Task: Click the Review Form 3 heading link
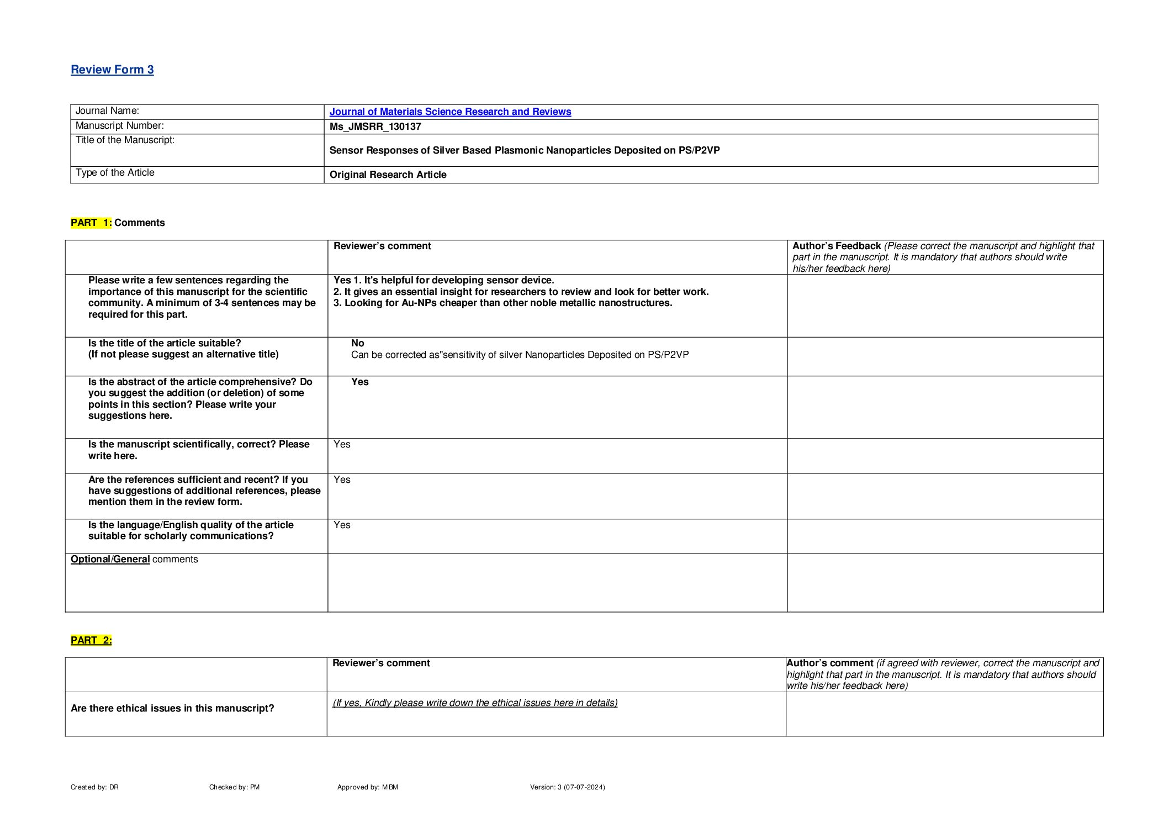(x=112, y=70)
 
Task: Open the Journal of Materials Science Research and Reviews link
(x=450, y=112)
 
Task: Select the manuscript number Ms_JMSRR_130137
(x=375, y=127)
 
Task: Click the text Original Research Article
(x=388, y=175)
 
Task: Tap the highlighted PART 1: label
(x=91, y=223)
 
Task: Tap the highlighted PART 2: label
(x=91, y=640)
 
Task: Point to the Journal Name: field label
(x=107, y=111)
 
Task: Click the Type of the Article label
(x=115, y=173)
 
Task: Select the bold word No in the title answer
(x=357, y=343)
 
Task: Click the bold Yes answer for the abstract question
(x=359, y=382)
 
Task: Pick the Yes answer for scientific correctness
(x=342, y=444)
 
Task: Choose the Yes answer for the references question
(x=342, y=480)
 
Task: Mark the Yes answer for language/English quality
(x=342, y=525)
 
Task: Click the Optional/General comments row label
(x=134, y=559)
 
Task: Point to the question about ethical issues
(x=172, y=708)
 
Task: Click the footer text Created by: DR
(x=94, y=787)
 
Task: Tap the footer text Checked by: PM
(x=234, y=787)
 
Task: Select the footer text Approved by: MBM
(x=367, y=787)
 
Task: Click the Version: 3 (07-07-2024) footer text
(x=567, y=787)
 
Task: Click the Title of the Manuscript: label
(x=125, y=140)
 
